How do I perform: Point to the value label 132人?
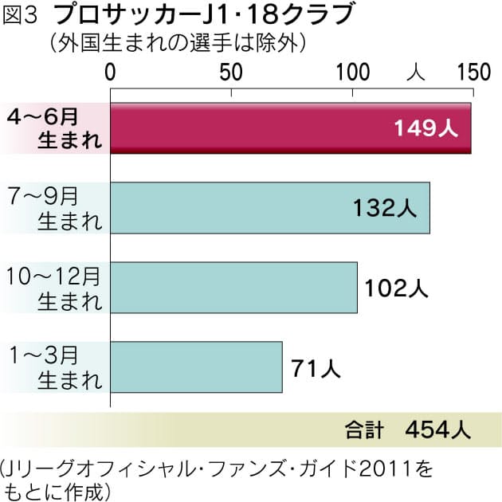(384, 209)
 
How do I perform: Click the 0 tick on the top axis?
(110, 72)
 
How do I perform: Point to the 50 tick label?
(231, 72)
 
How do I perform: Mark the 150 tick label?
(472, 72)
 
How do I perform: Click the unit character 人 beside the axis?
(414, 72)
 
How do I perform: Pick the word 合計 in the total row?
(363, 430)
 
